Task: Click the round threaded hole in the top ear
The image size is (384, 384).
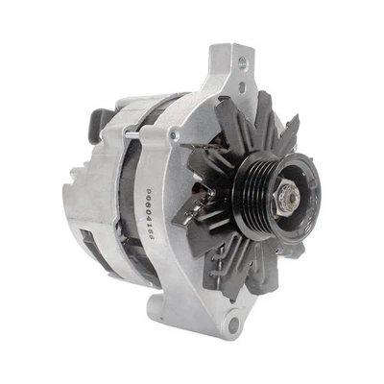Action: (241, 62)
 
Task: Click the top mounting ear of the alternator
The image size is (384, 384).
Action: (230, 72)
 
